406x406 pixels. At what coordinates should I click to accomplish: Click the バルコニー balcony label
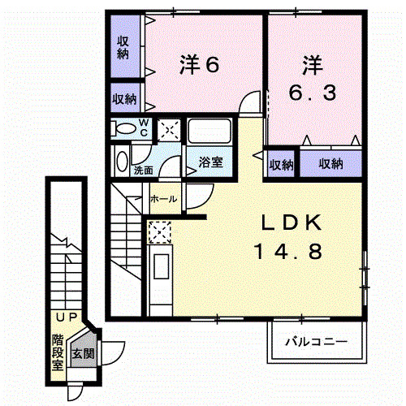[x=316, y=342]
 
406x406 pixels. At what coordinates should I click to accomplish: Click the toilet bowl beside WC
[x=124, y=128]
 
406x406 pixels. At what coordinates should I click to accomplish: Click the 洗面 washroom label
[x=143, y=171]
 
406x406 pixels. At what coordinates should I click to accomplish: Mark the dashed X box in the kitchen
[x=160, y=232]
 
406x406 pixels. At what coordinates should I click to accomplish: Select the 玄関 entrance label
[x=82, y=354]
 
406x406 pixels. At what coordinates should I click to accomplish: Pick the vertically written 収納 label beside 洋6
[x=123, y=47]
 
